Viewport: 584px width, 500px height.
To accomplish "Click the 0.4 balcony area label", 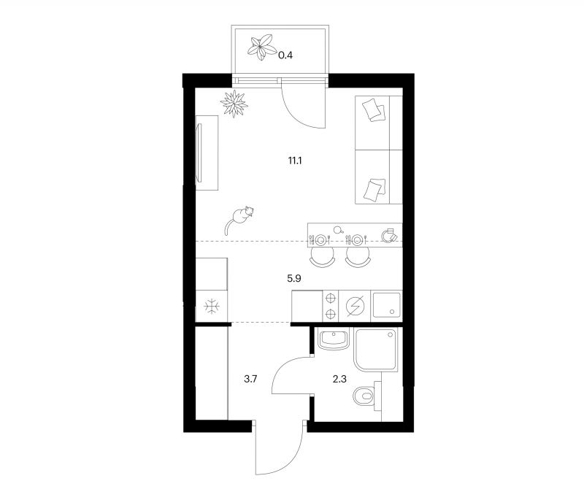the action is (285, 55).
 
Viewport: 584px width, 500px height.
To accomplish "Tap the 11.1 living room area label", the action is (295, 161).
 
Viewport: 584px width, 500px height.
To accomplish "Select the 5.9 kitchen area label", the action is (294, 278).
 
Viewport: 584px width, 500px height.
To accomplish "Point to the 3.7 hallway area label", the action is (250, 380).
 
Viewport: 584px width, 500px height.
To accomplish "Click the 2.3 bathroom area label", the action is (339, 380).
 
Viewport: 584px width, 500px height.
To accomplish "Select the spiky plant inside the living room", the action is (234, 103).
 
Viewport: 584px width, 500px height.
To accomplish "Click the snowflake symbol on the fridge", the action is (212, 307).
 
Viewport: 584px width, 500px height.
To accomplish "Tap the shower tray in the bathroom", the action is (376, 350).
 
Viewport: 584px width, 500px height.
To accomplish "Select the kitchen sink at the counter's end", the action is (387, 305).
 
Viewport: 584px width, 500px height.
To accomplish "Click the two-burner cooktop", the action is (331, 306).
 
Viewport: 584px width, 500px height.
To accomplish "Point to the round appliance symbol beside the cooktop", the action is (355, 306).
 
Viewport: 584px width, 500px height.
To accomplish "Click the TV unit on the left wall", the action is (207, 153).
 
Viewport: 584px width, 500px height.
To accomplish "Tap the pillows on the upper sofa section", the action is (374, 109).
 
